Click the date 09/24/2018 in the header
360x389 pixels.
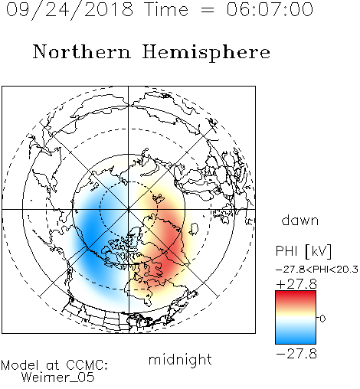(69, 11)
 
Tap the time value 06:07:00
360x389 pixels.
(270, 9)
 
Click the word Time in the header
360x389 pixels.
(166, 9)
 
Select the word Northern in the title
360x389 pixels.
(81, 51)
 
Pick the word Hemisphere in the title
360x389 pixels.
(206, 53)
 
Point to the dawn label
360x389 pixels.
(300, 220)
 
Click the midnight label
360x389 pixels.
(180, 359)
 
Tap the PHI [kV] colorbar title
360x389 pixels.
(303, 251)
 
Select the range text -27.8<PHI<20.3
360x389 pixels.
(317, 270)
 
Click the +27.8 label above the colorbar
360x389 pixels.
(296, 284)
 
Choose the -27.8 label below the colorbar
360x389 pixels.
(296, 354)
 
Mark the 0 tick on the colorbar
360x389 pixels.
(322, 319)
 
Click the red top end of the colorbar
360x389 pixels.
(296, 293)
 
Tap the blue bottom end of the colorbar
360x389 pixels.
(296, 342)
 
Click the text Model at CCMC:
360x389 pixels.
(54, 365)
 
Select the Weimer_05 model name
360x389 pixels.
(58, 377)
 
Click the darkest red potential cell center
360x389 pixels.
(167, 266)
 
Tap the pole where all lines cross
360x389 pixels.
(129, 209)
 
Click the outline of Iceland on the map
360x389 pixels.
(195, 229)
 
